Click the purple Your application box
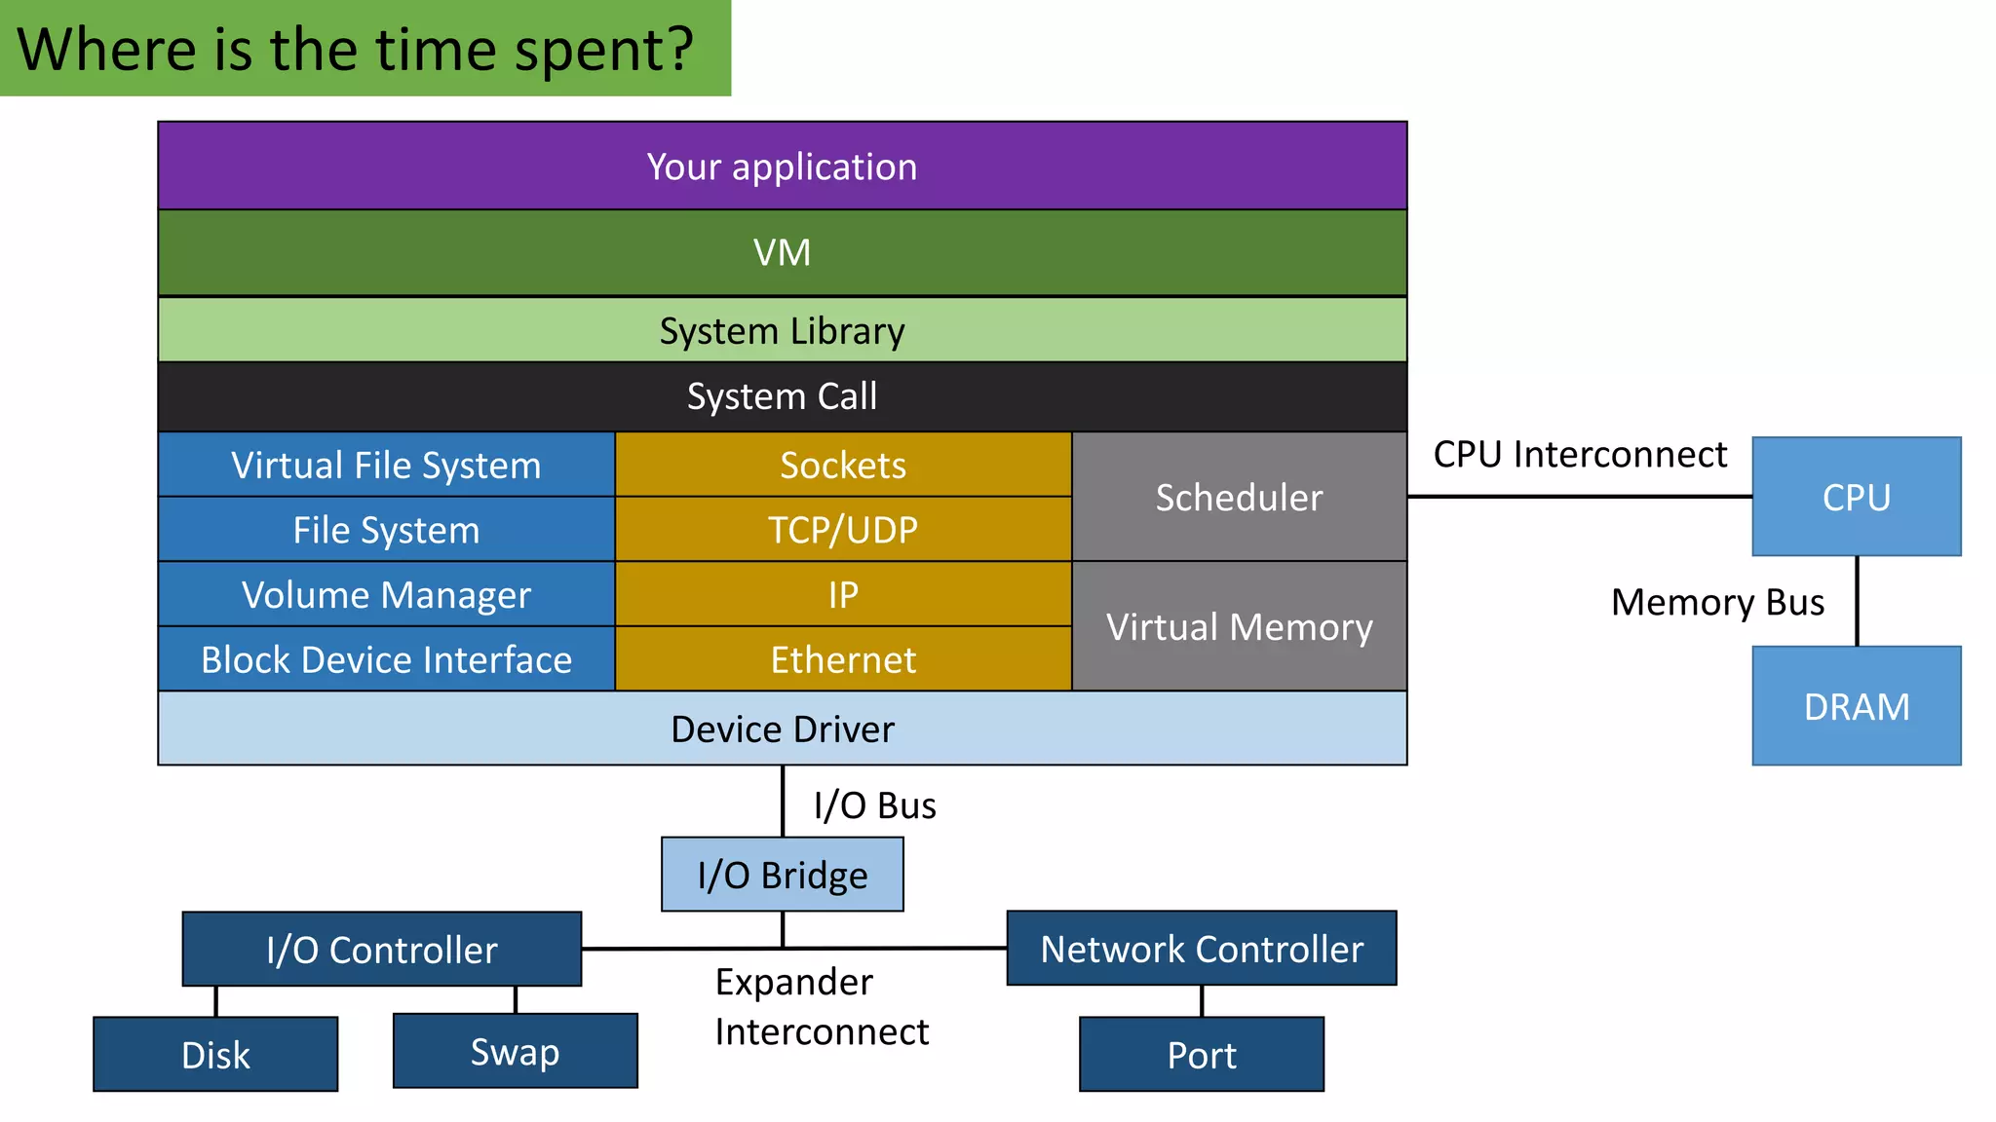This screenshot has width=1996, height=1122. point(782,166)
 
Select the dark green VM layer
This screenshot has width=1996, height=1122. point(782,252)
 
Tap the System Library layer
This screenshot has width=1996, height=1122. point(782,330)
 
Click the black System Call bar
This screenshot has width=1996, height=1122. point(782,396)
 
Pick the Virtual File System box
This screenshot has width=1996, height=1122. point(386,465)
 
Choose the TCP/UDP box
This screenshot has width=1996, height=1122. point(843,530)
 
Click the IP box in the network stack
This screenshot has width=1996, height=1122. point(843,594)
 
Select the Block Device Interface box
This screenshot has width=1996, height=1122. point(386,659)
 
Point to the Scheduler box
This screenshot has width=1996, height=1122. point(1239,497)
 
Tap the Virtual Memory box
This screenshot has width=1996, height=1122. point(1239,626)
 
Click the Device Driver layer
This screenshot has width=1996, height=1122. point(782,729)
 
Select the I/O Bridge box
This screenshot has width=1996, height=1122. point(782,875)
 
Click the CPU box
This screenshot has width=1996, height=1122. point(1856,497)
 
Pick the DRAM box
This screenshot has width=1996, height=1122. point(1856,706)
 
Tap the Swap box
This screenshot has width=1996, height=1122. point(515,1051)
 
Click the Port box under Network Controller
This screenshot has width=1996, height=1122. point(1201,1055)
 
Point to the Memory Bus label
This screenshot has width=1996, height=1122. point(1717,602)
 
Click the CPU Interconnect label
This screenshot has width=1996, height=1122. point(1579,454)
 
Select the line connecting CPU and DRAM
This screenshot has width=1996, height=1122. point(1857,601)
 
